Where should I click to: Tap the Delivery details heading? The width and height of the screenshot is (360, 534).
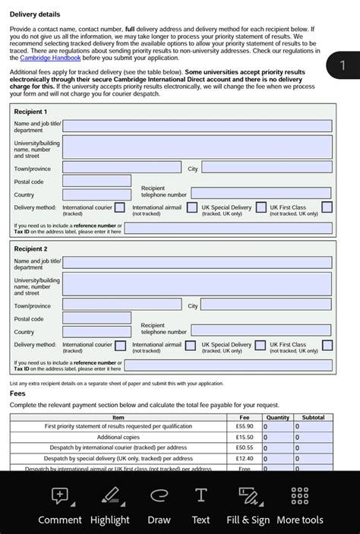click(35, 14)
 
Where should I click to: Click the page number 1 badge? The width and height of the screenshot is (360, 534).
click(343, 66)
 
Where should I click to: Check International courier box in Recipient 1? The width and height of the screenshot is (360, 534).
click(120, 207)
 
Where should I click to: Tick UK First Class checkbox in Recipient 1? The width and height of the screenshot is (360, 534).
click(327, 207)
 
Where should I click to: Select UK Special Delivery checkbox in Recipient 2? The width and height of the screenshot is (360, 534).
click(261, 345)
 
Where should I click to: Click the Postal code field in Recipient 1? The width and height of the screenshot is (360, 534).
click(96, 181)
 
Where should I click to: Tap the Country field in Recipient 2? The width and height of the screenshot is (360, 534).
click(96, 331)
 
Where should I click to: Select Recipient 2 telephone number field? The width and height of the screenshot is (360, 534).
click(261, 330)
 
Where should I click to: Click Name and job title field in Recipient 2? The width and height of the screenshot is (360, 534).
click(197, 262)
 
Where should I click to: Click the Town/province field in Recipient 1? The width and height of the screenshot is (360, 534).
click(122, 168)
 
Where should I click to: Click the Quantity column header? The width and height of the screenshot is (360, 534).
click(277, 417)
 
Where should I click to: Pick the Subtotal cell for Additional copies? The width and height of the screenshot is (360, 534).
click(313, 438)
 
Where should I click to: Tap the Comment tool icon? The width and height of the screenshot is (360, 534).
click(59, 497)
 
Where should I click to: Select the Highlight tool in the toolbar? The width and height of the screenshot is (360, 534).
click(110, 497)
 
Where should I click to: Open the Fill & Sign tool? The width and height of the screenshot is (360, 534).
click(248, 497)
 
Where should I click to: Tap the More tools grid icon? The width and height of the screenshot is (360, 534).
click(299, 497)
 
